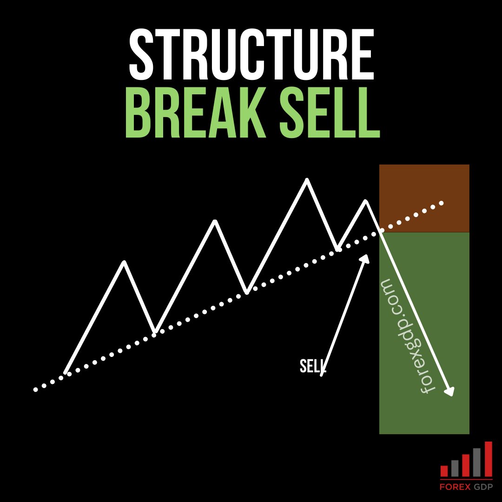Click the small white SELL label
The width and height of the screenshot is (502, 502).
click(x=312, y=366)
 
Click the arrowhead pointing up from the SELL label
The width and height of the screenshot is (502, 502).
click(x=366, y=258)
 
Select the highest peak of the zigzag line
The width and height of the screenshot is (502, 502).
click(x=306, y=180)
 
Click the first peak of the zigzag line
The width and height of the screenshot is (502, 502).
click(x=124, y=263)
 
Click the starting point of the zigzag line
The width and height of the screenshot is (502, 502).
click(x=66, y=372)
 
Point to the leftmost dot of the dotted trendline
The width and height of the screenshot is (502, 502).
click(x=35, y=390)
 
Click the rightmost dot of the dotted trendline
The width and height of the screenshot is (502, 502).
click(x=442, y=203)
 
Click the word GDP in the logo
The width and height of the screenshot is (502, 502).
click(x=483, y=487)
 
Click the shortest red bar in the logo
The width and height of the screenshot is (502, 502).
click(x=444, y=471)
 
